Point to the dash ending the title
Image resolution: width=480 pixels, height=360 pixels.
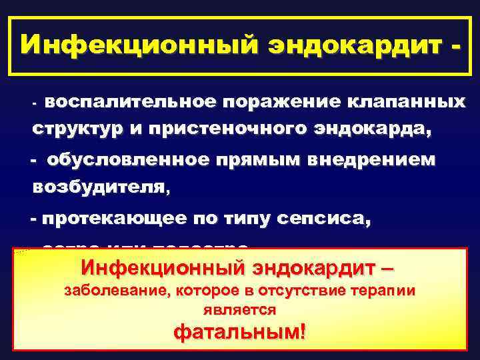coord(455,47)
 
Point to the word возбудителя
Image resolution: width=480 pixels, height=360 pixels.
coord(101,187)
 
